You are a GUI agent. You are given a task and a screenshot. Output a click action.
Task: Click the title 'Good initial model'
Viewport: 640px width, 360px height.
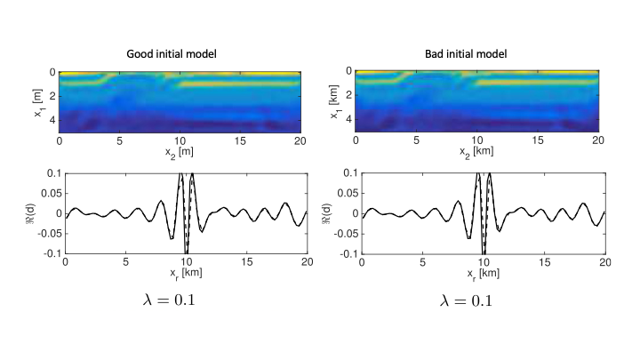(x=182, y=55)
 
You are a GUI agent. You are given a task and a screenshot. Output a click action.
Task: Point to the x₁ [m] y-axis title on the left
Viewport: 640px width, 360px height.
(x=35, y=102)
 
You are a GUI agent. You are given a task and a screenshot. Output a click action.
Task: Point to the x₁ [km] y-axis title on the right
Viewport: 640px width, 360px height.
(x=332, y=102)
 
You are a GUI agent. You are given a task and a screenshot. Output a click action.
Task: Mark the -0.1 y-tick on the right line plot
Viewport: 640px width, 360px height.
(x=342, y=253)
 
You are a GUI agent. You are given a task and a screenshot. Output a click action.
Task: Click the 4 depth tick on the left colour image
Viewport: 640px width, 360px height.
(x=52, y=117)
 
